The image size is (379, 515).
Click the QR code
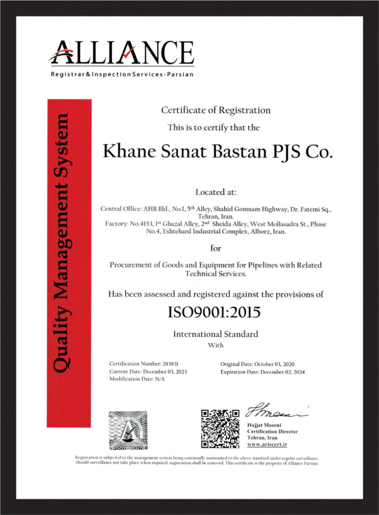(220, 429)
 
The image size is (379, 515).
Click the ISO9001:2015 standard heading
(215, 313)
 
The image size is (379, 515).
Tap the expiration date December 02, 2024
(285, 372)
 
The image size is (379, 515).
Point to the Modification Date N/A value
(160, 379)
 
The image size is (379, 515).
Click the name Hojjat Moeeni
(264, 425)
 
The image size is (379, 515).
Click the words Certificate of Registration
(216, 110)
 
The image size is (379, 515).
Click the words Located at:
(216, 191)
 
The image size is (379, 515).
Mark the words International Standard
(215, 334)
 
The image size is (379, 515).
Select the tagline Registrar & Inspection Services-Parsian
(121, 74)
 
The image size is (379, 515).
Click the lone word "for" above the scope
(216, 248)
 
